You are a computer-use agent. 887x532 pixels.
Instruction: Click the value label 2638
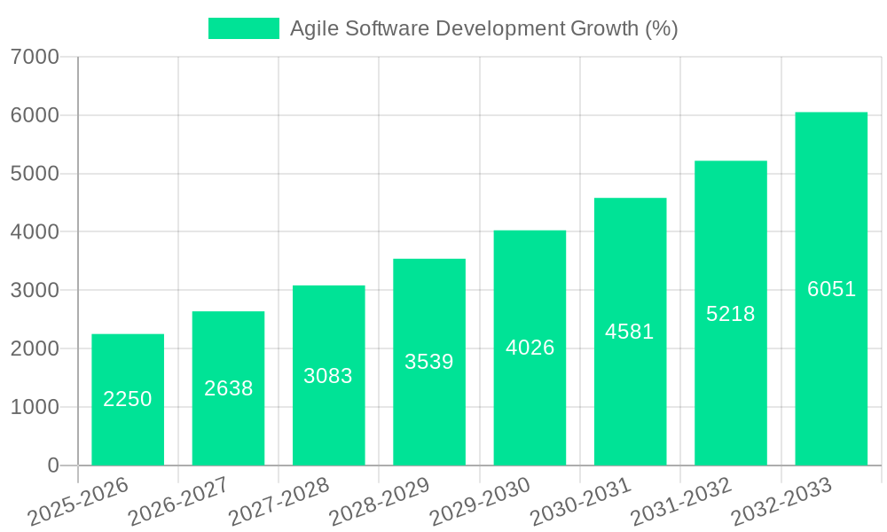tap(229, 388)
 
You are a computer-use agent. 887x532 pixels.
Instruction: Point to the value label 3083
tap(328, 376)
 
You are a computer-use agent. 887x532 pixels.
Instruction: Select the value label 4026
tap(530, 348)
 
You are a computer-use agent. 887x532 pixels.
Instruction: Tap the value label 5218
tap(731, 314)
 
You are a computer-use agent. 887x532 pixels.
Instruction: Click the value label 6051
tap(832, 289)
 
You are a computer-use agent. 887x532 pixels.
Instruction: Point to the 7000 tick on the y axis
tap(35, 57)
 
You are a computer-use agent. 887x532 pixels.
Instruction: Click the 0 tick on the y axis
tap(52, 465)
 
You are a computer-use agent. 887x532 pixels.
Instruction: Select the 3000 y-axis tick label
tap(35, 290)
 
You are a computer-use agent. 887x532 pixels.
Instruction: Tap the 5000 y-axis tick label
tap(35, 174)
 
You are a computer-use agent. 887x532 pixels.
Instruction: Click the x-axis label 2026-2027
tap(178, 502)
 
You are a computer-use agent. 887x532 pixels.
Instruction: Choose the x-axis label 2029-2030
tap(480, 502)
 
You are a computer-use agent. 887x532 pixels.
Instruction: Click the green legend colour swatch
tap(244, 28)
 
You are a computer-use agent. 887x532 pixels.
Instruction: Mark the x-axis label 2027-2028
tap(279, 502)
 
